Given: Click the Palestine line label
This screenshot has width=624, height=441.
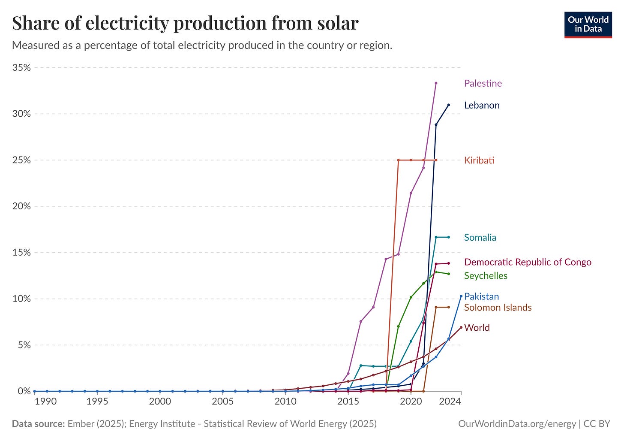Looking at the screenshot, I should [483, 83].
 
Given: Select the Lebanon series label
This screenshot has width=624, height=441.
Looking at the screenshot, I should [482, 105].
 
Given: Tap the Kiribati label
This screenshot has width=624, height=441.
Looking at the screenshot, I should [479, 160].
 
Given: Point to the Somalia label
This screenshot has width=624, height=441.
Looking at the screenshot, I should [480, 238].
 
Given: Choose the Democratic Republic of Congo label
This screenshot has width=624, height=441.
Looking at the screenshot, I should [528, 262].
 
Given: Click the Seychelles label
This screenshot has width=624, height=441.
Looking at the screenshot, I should [486, 276].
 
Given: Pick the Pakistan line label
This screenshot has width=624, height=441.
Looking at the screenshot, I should [481, 296].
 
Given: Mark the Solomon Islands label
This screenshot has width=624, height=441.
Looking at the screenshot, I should [498, 308].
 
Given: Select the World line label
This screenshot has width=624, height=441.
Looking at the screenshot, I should [477, 328].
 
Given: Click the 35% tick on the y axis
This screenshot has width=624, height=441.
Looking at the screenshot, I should [21, 68].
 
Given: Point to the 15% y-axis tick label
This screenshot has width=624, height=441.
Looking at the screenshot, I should [21, 253].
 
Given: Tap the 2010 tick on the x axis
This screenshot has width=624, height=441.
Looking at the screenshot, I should [285, 402].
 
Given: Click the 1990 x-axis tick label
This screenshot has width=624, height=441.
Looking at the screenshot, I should [46, 402].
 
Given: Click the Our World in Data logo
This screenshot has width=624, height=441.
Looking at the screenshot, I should [588, 25].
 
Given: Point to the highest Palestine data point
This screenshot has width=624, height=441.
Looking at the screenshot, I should [436, 83].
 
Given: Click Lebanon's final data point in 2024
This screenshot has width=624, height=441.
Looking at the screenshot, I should [448, 105].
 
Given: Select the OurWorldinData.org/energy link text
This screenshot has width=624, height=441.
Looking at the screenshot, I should [517, 424].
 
